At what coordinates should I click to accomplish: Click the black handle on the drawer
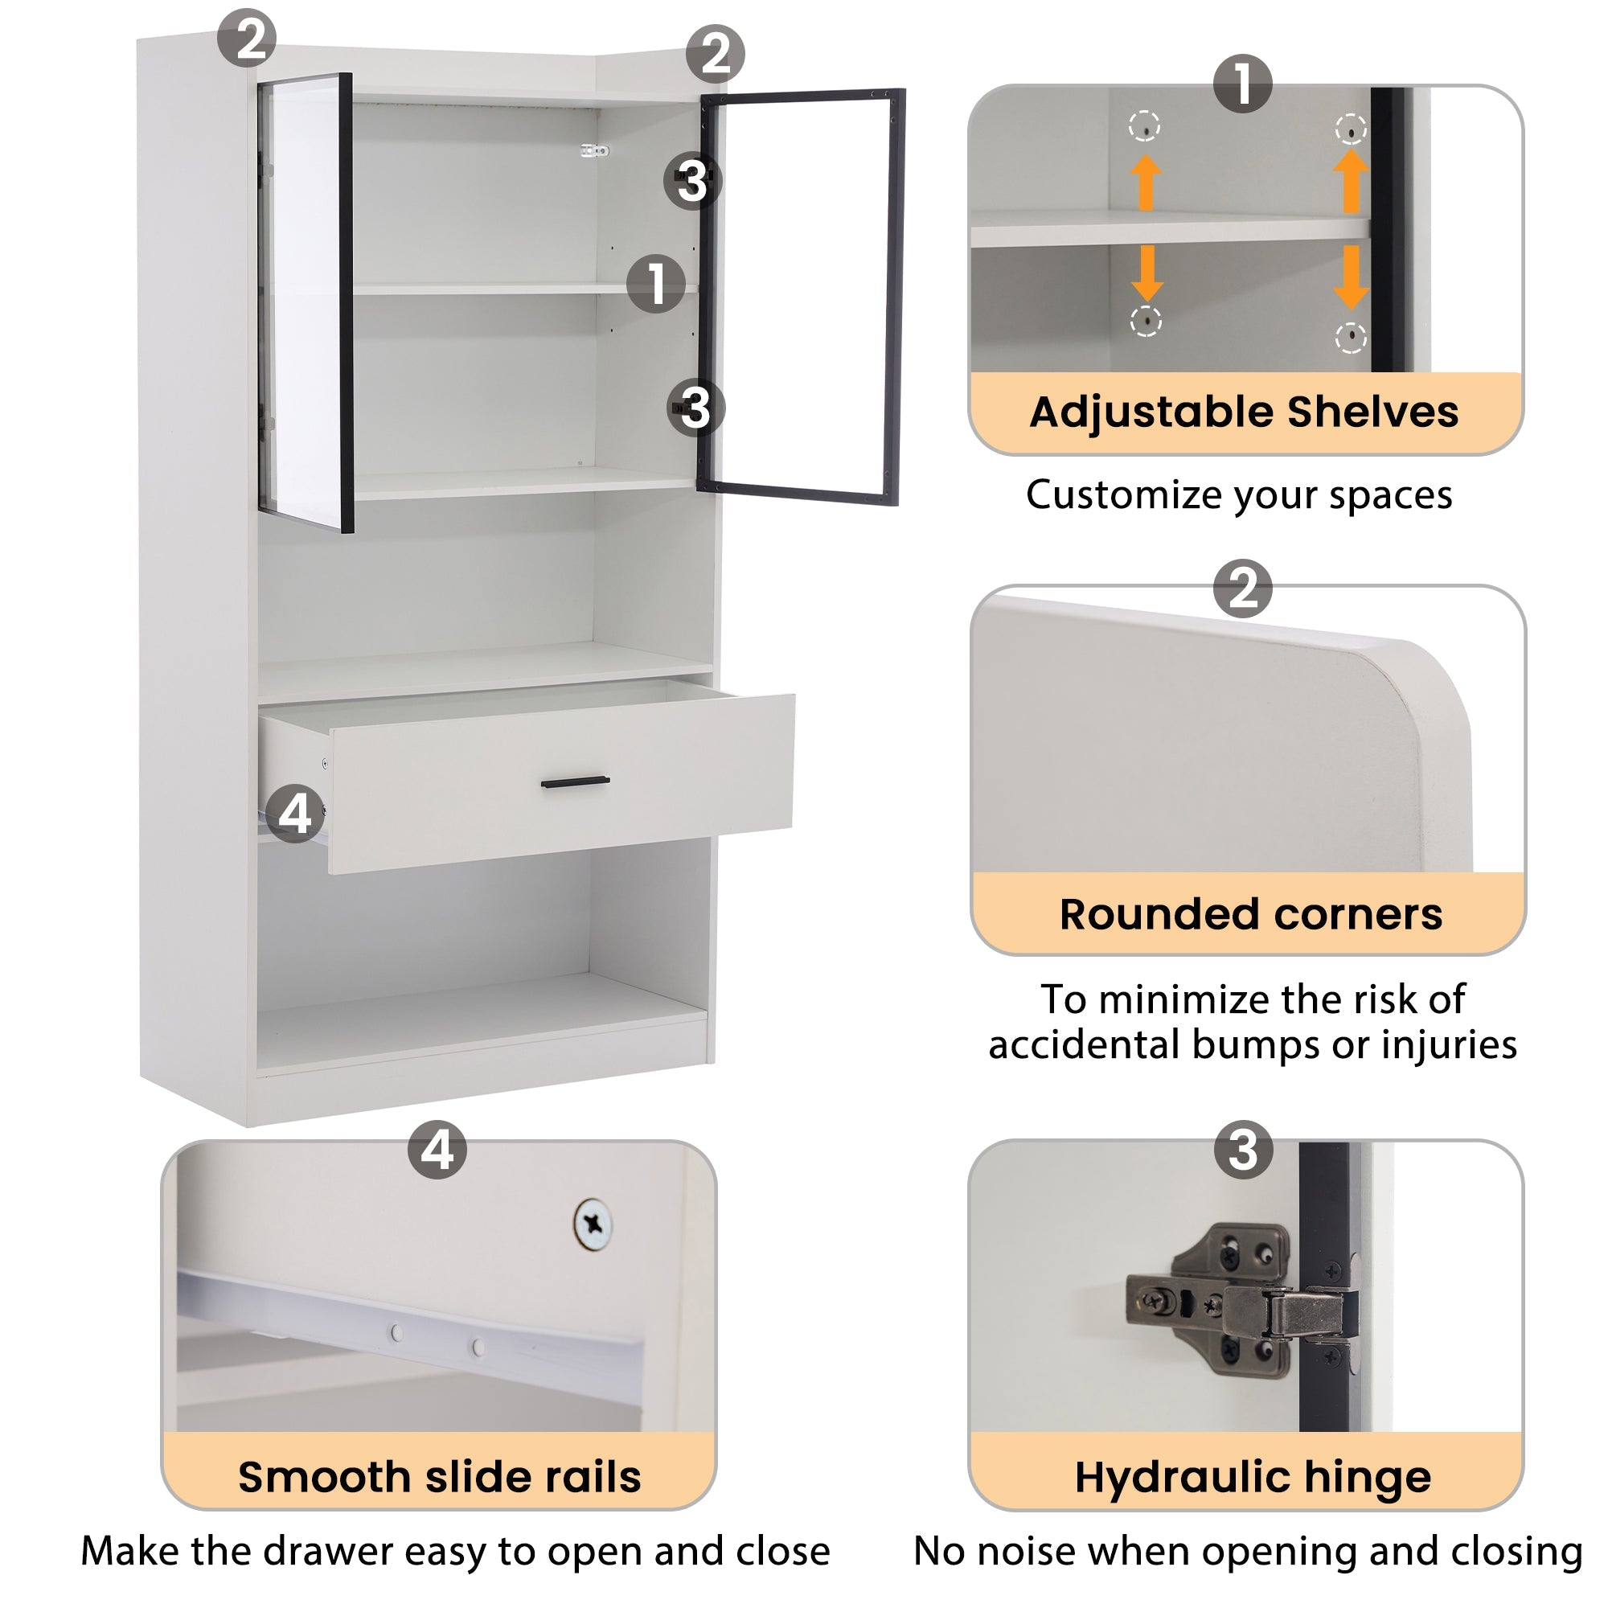coord(575,781)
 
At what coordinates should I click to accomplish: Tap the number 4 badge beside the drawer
coord(294,813)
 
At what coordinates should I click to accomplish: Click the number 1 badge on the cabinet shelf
coord(656,283)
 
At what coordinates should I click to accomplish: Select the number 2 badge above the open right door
coord(715,54)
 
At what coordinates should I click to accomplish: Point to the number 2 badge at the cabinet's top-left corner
coord(247,38)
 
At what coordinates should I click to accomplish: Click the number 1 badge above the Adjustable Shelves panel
coord(1243,84)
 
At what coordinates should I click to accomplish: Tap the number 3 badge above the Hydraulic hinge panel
coord(1244,1150)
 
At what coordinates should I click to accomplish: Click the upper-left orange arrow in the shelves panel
coord(1146,182)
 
